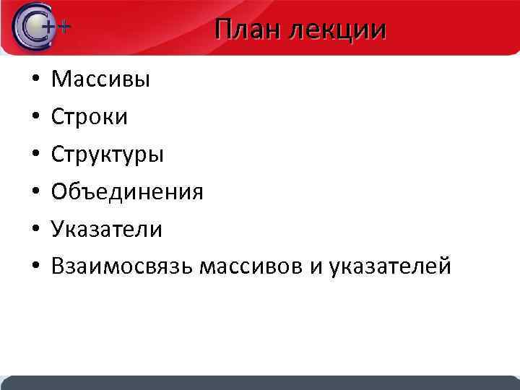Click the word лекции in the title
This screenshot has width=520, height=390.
coord(337,31)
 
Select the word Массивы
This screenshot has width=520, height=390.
coord(101,79)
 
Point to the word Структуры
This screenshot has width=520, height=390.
coord(108,155)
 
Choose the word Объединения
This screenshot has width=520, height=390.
coord(127,192)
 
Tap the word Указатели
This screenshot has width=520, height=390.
coord(107,230)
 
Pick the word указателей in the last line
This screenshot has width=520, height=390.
coord(390,267)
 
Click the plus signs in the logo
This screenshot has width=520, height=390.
coord(58,27)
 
